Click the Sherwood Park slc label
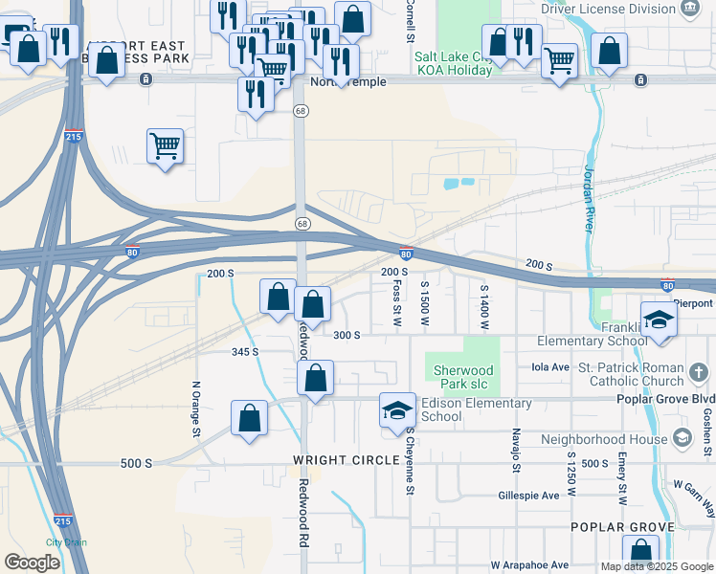(x=463, y=377)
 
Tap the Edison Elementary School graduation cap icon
(x=397, y=410)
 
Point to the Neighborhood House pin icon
(x=682, y=438)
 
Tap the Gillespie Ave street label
(x=528, y=496)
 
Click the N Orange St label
(x=195, y=409)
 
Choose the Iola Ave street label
(x=549, y=366)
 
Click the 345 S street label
(x=245, y=352)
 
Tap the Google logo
(x=33, y=562)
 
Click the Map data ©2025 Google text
(x=656, y=566)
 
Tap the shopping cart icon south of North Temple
(x=165, y=146)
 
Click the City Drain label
(x=66, y=542)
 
